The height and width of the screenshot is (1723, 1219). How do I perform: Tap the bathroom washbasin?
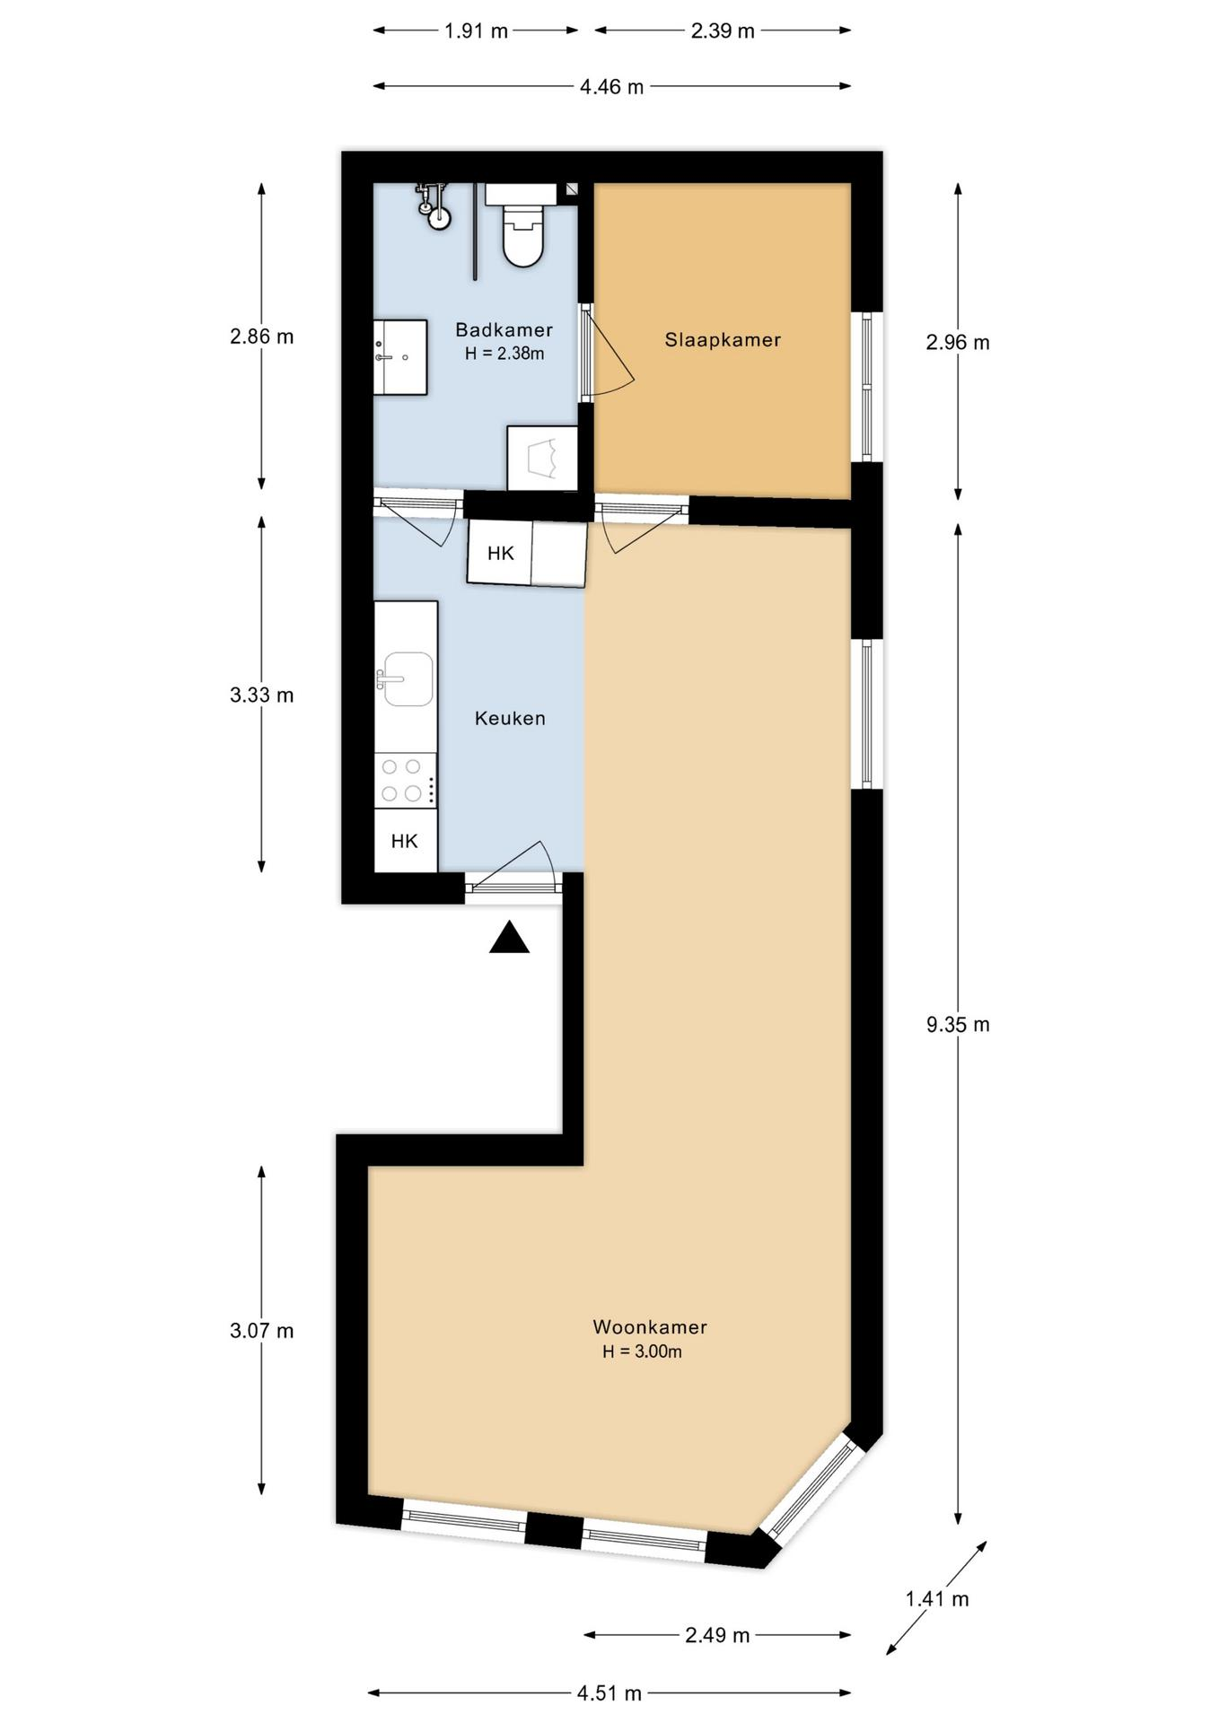click(x=400, y=356)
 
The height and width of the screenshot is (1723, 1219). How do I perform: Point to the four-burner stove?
click(x=406, y=780)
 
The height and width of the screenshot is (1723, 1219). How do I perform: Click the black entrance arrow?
click(x=509, y=937)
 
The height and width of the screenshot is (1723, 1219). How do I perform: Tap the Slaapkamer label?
click(x=723, y=340)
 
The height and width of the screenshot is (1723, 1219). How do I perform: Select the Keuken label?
click(x=510, y=718)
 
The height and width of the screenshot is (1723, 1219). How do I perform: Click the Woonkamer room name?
click(x=650, y=1326)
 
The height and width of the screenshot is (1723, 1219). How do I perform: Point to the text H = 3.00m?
click(x=642, y=1351)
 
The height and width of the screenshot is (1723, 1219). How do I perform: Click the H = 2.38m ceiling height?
click(x=504, y=354)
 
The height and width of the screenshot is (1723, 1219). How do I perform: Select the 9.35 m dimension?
click(x=958, y=1024)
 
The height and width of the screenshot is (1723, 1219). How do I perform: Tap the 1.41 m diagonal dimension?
click(x=937, y=1598)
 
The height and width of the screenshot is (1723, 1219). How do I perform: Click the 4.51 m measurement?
click(x=609, y=1693)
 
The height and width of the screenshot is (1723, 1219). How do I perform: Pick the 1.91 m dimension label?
click(x=476, y=31)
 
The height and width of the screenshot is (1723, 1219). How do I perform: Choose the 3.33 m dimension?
click(x=261, y=695)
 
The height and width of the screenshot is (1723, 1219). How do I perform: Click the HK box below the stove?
click(x=406, y=840)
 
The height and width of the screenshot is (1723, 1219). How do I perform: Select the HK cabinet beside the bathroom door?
click(x=500, y=553)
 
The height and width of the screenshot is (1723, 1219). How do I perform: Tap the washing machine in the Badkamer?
click(x=542, y=458)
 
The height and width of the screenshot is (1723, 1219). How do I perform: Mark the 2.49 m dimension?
click(x=717, y=1635)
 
